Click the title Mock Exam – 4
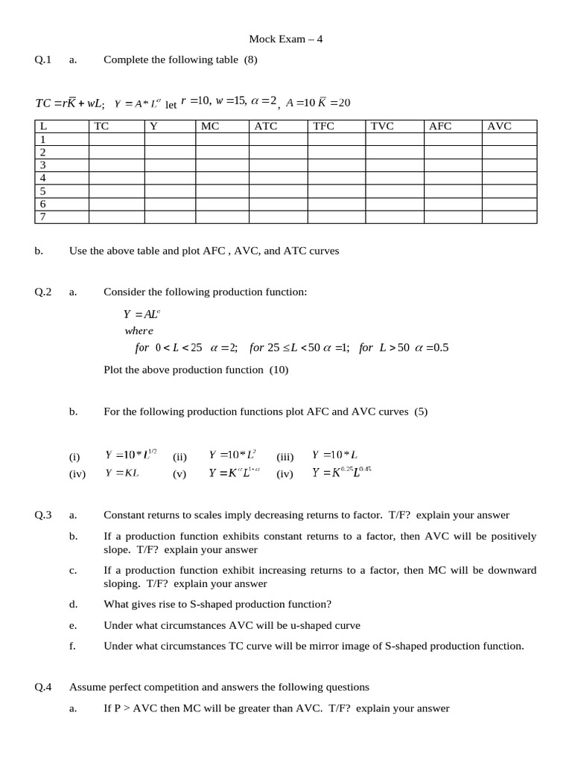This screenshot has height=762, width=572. coord(285,39)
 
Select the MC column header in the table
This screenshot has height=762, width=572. coord(210,127)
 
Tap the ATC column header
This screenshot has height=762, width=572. coord(266,127)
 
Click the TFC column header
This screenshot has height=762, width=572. coord(324,127)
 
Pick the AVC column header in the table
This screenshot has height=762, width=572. coord(499,127)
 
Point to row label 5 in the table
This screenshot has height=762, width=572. coord(43,191)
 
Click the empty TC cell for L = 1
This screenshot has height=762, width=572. coord(116,139)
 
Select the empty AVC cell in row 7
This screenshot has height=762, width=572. coord(509,217)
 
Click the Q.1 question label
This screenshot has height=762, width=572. coord(43,60)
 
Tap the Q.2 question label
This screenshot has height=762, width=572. coord(43,292)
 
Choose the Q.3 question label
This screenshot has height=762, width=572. coord(43,515)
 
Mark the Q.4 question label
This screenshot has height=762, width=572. coord(43,687)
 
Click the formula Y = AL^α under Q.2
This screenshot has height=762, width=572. coord(142,314)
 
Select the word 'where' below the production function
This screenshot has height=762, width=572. coord(139,330)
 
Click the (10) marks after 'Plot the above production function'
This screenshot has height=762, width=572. coord(279,370)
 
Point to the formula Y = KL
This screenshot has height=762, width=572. coord(122,473)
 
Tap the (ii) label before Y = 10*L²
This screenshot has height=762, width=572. coord(179,457)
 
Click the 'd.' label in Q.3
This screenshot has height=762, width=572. coord(72,604)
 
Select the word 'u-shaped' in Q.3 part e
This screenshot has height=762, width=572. coord(310,625)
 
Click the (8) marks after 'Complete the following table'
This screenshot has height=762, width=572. coord(250,60)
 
